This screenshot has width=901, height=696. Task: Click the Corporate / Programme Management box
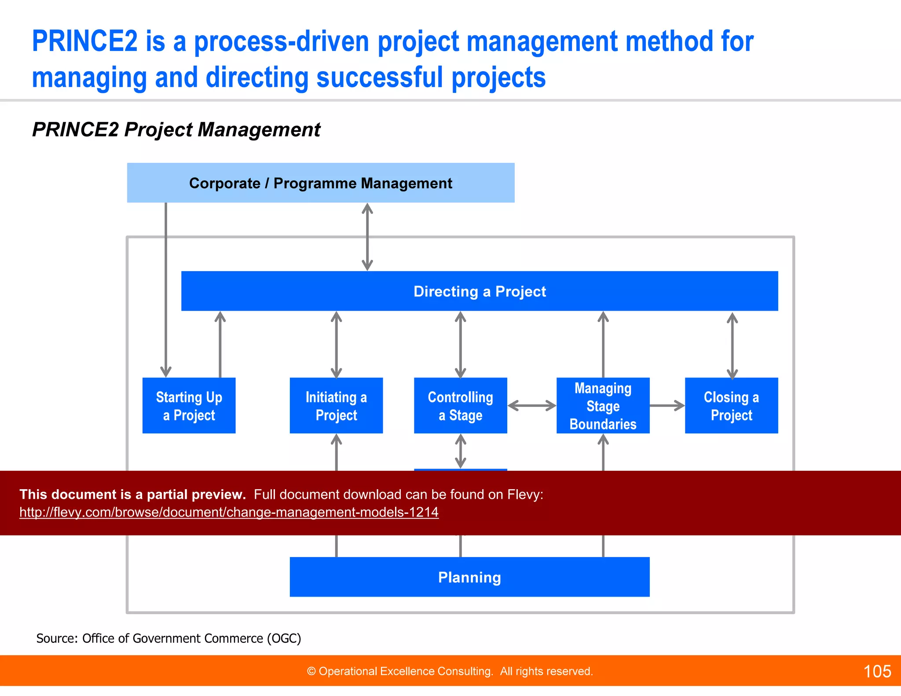coord(320,183)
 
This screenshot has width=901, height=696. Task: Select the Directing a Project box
coord(480,291)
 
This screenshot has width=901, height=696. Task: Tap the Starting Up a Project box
coord(189,406)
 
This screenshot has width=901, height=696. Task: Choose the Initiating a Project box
coord(336,406)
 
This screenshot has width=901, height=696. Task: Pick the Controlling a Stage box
coord(460,406)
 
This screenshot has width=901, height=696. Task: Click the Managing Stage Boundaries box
coord(603,406)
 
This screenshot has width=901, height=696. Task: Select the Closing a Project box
coord(731,406)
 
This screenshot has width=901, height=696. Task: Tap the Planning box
coord(469,577)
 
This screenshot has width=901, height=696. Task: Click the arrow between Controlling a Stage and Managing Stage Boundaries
coord(532,406)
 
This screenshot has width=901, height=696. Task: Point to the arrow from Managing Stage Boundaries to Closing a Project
coord(667,406)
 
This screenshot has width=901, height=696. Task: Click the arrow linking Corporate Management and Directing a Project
coord(367,237)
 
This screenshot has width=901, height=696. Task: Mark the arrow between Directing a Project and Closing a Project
coord(732,345)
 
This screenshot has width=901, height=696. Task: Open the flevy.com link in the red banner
coord(229,512)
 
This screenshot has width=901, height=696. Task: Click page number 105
coord(877,671)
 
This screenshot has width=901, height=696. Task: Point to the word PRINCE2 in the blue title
coord(85,41)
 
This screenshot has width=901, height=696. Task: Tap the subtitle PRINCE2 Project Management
coord(176,130)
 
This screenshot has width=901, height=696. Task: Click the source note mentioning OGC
coord(168,638)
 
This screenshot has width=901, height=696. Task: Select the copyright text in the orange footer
coord(450,671)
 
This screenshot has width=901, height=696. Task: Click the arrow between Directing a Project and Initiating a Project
coord(337,344)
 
